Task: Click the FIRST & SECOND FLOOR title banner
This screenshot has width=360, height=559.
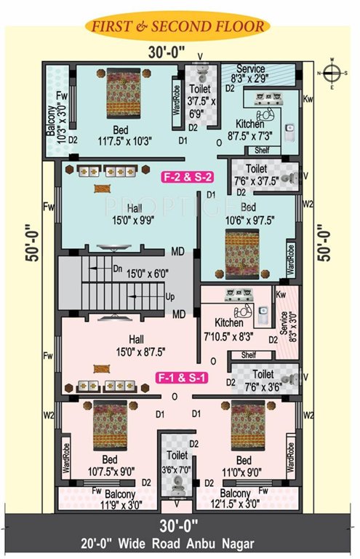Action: [178, 27]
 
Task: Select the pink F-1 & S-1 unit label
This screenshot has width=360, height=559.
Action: [182, 378]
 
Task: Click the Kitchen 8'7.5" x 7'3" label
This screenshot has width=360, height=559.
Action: [249, 130]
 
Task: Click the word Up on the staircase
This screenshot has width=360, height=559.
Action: [171, 297]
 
